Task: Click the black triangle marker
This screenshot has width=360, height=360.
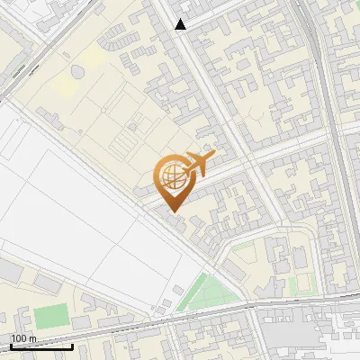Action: [x=181, y=24]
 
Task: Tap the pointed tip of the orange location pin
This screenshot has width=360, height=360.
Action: [x=171, y=211]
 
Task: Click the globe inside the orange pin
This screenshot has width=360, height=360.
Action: [x=170, y=177]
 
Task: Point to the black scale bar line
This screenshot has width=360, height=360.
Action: [x=41, y=346]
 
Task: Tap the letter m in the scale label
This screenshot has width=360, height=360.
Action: [x=32, y=338]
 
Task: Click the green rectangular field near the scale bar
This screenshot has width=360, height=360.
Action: [x=52, y=316]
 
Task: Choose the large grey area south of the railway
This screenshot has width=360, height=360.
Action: [x=297, y=333]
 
